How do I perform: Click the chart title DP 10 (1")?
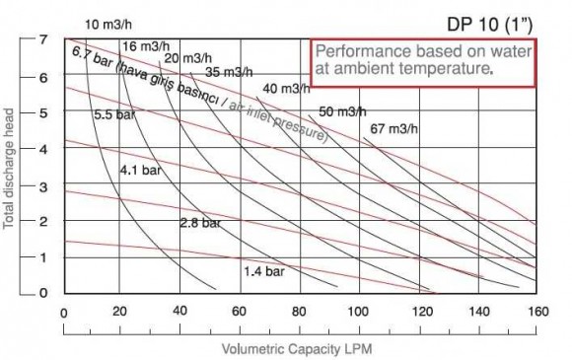[498, 20]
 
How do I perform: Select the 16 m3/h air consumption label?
[144, 46]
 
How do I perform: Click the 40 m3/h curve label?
[285, 90]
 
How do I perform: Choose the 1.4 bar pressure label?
[263, 269]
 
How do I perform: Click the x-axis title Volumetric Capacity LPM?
[297, 349]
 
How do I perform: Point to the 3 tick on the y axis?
[43, 185]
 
